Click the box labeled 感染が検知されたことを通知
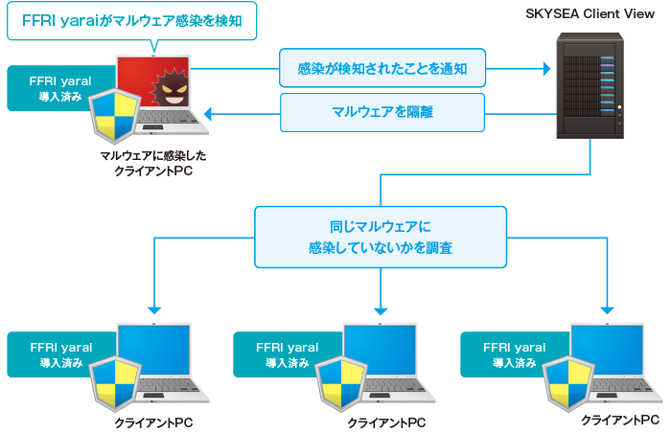pyautogui.click(x=382, y=69)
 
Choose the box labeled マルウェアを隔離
pyautogui.click(x=382, y=112)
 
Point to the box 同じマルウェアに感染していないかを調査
pyautogui.click(x=381, y=238)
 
